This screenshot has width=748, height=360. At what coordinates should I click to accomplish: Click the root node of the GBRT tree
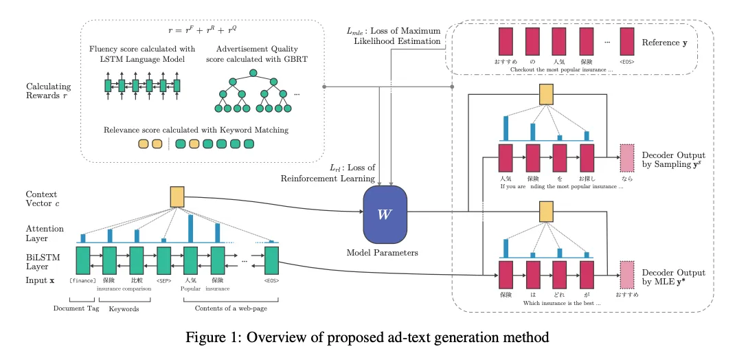[253, 72]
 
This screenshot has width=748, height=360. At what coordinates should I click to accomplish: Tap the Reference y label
[665, 43]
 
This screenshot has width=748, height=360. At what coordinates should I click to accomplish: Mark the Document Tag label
[78, 308]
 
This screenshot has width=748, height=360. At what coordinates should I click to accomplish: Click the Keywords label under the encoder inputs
[124, 308]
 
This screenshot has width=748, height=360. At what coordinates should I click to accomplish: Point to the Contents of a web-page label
[231, 308]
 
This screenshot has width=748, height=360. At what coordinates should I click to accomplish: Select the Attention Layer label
[45, 234]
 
